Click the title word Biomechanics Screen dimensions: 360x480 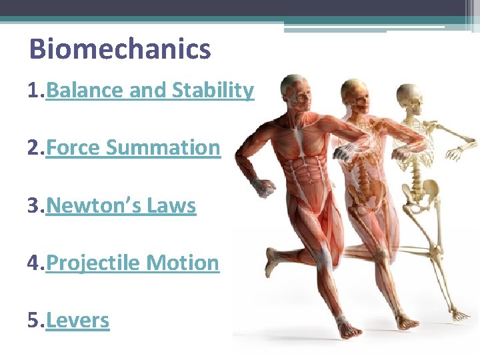(120, 49)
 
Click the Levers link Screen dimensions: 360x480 (78, 320)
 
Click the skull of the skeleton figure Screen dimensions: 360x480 (408, 97)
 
